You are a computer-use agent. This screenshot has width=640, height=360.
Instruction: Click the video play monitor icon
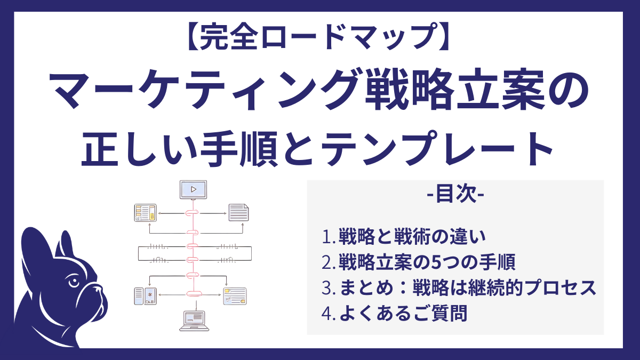tap(193, 190)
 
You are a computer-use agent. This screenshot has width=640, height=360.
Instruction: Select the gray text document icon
tap(239, 212)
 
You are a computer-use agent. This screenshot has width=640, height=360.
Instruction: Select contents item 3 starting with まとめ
tap(459, 288)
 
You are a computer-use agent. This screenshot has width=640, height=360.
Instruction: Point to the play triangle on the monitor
tap(194, 188)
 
